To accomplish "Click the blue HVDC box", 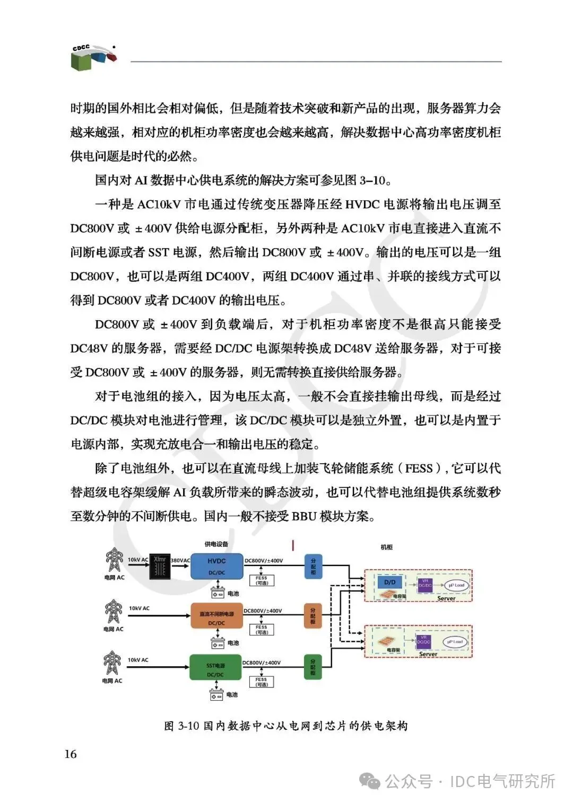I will click(x=216, y=566).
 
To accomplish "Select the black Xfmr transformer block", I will click(x=160, y=566).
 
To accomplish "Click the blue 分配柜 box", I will click(x=313, y=566).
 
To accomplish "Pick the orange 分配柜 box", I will click(x=312, y=616).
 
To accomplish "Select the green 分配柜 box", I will click(x=312, y=667).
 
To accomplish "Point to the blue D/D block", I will click(x=390, y=582).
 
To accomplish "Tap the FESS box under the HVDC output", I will click(x=262, y=580).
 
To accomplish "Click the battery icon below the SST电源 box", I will click(x=216, y=694).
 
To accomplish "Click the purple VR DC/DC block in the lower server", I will click(x=423, y=641).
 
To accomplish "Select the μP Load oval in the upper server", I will click(x=456, y=585).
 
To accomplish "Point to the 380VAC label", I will click(x=180, y=560).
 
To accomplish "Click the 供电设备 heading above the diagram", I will click(x=216, y=544).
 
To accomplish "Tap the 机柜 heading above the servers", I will click(x=387, y=547).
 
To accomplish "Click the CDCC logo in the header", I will click(x=93, y=57).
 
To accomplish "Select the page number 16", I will click(x=71, y=754).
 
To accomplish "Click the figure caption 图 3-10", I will click(x=286, y=726).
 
